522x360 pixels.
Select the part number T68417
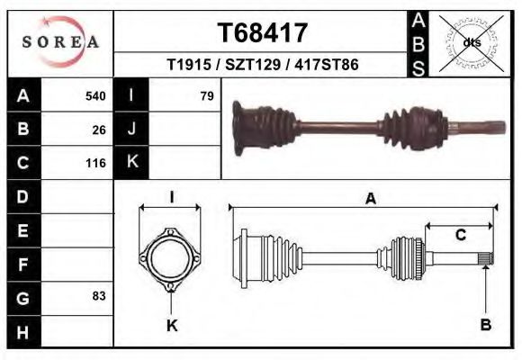point(264,33)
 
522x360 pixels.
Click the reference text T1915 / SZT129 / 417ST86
point(263,65)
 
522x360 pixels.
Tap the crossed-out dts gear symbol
point(471,41)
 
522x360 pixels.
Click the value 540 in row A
point(95,95)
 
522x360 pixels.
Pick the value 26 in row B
point(99,130)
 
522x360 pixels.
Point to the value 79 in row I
point(206,95)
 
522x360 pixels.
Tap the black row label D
point(23,196)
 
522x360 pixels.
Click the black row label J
point(132,129)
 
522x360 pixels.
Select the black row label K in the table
point(132,163)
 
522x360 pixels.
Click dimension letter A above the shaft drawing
point(370,200)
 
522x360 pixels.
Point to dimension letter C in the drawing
point(460,236)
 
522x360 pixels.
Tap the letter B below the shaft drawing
point(486,325)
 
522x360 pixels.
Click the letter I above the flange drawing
point(171,197)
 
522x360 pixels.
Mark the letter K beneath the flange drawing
point(171,325)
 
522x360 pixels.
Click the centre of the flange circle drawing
point(170,259)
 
